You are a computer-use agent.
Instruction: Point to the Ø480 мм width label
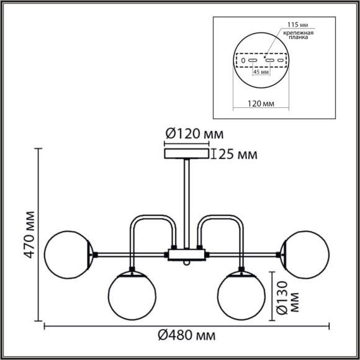[187, 336]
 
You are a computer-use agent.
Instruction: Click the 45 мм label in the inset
[261, 72]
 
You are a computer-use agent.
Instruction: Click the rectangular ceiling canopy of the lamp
[186, 153]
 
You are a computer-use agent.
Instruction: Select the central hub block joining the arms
[186, 254]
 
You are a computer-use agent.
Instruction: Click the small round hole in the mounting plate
[243, 61]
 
